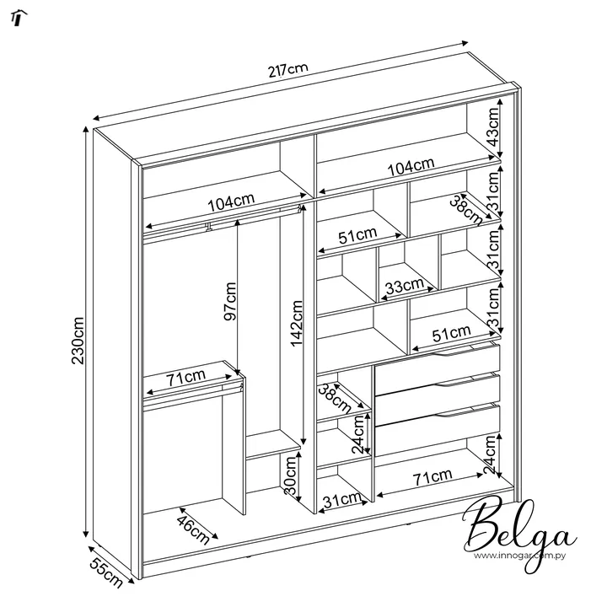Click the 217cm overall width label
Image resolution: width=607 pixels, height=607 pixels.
[288, 70]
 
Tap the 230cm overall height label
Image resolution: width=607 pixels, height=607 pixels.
[78, 341]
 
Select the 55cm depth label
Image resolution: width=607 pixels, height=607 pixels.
[105, 573]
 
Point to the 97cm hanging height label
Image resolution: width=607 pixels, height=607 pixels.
[230, 302]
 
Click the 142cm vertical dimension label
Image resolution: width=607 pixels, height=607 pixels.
[296, 323]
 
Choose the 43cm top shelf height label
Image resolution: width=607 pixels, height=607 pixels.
[493, 127]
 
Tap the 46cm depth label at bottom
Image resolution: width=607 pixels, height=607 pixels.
[192, 529]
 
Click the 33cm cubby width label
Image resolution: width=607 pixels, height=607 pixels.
[405, 287]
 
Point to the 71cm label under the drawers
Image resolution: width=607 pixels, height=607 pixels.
[432, 477]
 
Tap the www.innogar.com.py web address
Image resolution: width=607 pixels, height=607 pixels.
[519, 556]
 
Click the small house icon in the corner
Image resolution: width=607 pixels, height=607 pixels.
[19, 18]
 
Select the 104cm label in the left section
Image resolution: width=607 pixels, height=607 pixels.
[231, 202]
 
